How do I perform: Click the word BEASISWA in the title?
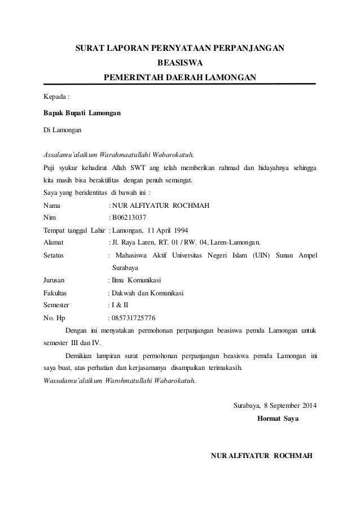(x=179, y=63)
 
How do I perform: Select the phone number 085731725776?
(x=134, y=317)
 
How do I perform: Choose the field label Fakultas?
(x=55, y=293)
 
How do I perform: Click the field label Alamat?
(x=54, y=243)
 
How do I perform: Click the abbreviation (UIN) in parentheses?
(x=261, y=255)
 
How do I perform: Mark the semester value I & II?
(x=120, y=304)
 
